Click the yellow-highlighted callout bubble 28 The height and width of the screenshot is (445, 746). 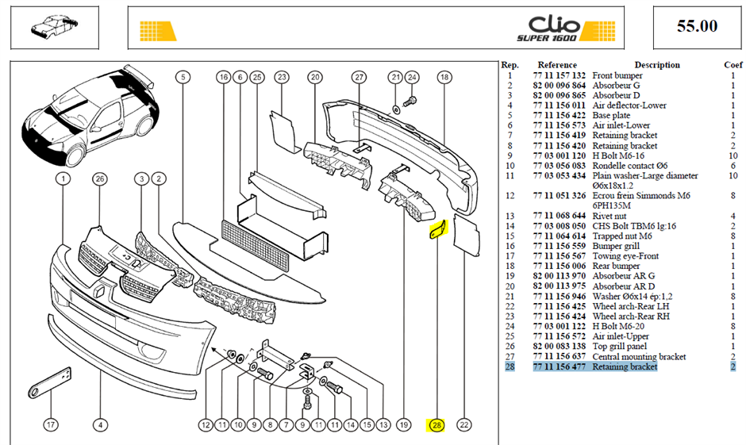(x=436, y=425)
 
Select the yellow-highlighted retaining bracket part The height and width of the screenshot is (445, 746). (x=439, y=230)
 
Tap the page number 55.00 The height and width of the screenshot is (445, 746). (x=697, y=25)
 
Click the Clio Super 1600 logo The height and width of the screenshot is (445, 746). (x=566, y=29)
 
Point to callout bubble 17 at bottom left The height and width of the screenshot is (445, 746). (x=51, y=424)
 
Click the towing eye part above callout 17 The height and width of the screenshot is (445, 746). (x=50, y=383)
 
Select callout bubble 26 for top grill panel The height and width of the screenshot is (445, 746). (x=99, y=178)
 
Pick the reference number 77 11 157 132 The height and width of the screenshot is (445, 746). (x=559, y=75)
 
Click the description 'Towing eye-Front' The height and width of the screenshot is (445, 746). (x=625, y=255)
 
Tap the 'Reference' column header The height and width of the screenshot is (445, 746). (x=557, y=65)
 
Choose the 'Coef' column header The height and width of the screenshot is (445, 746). (x=733, y=65)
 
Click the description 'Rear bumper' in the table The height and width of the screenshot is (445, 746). (x=616, y=266)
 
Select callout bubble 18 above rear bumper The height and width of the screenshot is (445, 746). (x=444, y=77)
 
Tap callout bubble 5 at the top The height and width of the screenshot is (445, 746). (x=183, y=77)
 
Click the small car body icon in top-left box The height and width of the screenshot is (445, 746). (x=54, y=26)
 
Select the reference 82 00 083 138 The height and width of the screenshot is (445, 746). (x=559, y=346)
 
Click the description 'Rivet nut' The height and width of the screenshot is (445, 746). (x=609, y=216)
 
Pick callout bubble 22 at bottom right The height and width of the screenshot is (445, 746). (x=464, y=425)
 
